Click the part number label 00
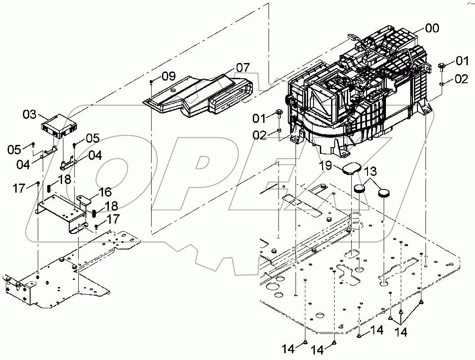click(432, 28)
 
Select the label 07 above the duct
click(242, 67)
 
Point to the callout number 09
click(169, 76)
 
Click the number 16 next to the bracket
click(105, 192)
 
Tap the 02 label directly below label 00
click(461, 79)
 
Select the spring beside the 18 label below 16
click(94, 213)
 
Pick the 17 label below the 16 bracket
click(113, 220)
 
